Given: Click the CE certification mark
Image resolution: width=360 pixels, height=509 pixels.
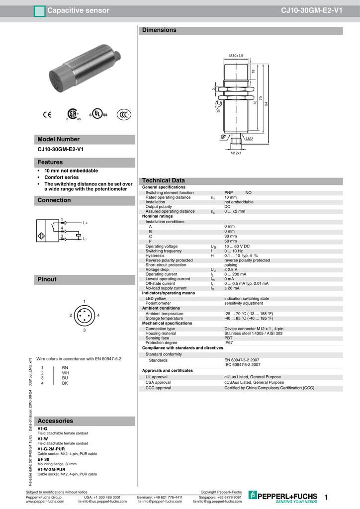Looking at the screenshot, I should point(47,114).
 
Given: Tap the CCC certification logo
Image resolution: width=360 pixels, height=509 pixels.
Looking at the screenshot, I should point(123,114).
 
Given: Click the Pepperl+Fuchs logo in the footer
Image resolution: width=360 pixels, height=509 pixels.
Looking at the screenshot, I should point(283,496).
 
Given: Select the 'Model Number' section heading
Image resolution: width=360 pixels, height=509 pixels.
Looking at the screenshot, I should point(59,140).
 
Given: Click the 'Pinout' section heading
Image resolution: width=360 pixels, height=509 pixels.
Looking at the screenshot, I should point(47,280).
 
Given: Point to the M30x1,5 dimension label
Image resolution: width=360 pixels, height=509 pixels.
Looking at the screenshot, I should point(236,55).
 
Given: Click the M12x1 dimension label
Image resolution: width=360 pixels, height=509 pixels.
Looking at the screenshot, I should point(236,153).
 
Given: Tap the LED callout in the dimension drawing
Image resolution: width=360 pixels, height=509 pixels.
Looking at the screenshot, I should point(249,138).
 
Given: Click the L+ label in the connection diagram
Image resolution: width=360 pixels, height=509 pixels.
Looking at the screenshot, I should point(85,223).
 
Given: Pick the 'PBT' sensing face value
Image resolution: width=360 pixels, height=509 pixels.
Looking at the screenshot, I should point(228,338).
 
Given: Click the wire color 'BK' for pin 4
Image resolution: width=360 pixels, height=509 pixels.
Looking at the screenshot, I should point(65,383).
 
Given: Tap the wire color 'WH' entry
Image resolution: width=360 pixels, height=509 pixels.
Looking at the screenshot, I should point(65,373).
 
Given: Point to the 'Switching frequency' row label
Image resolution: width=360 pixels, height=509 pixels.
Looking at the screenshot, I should point(164,251).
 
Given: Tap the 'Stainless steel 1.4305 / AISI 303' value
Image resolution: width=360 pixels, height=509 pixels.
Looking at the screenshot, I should point(253,333).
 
